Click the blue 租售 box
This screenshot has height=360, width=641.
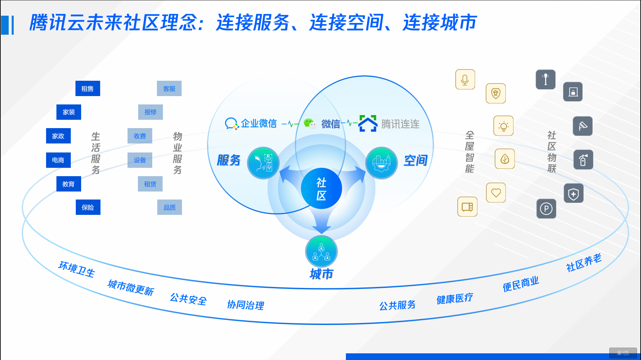pyautogui.click(x=87, y=88)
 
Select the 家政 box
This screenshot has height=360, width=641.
pyautogui.click(x=58, y=136)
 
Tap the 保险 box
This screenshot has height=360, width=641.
pyautogui.click(x=88, y=207)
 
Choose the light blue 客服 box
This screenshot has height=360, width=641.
pyautogui.click(x=169, y=88)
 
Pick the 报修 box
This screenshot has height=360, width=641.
pyautogui.click(x=150, y=112)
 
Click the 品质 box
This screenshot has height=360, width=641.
pyautogui.click(x=169, y=207)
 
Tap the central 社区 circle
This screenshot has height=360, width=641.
pyautogui.click(x=321, y=189)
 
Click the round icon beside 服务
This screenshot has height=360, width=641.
pyautogui.click(x=263, y=163)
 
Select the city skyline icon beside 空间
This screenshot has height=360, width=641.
pyautogui.click(x=381, y=163)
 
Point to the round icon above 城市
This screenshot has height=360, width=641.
pyautogui.click(x=321, y=251)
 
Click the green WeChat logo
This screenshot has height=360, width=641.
pyautogui.click(x=309, y=124)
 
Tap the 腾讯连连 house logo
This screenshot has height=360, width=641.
pyautogui.click(x=368, y=123)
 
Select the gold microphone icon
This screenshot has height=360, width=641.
pyautogui.click(x=465, y=79)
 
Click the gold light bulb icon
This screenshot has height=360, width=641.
pyautogui.click(x=503, y=126)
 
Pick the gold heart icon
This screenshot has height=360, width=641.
pyautogui.click(x=496, y=193)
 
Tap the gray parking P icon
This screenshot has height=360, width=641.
pyautogui.click(x=546, y=209)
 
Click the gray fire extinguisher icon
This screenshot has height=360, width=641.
pyautogui.click(x=583, y=160)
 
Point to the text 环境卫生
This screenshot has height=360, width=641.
pyautogui.click(x=77, y=269)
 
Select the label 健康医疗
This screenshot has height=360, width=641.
pyautogui.click(x=454, y=298)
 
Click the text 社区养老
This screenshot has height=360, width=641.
pyautogui.click(x=584, y=263)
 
